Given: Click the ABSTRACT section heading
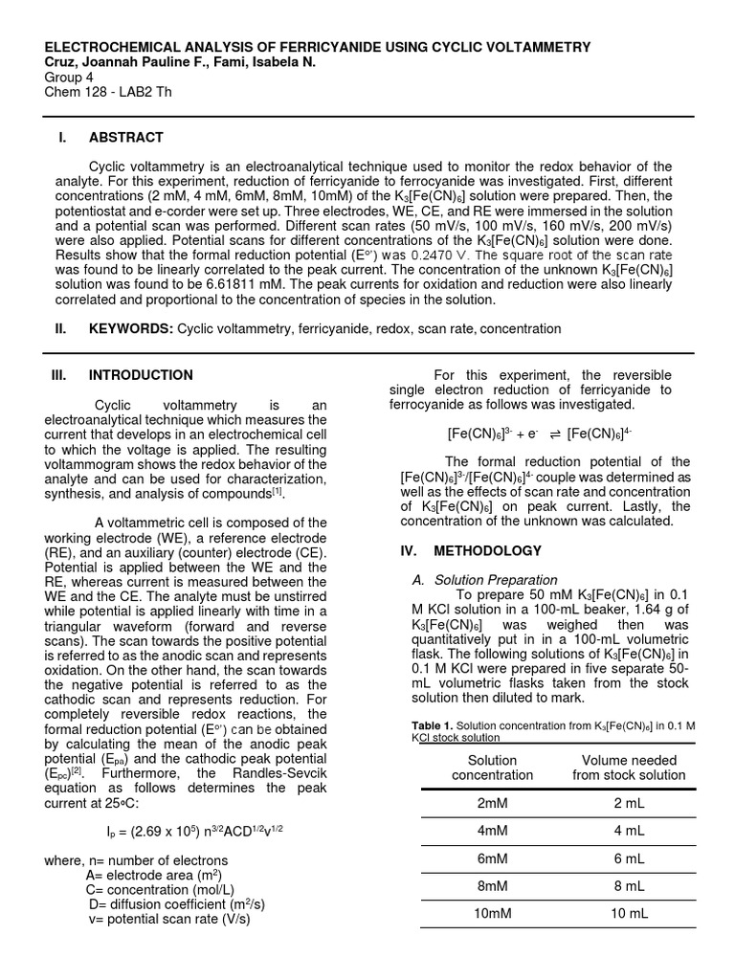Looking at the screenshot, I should point(125,138).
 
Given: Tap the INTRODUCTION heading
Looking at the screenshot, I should point(141,375).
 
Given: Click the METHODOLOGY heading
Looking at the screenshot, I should point(487,551).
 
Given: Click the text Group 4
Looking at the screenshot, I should point(70,78).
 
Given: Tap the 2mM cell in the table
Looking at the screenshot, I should point(493,803).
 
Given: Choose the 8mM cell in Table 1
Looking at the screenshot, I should point(493,886).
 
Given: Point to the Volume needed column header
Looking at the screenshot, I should point(629,768).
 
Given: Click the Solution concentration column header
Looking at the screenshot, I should point(493,768).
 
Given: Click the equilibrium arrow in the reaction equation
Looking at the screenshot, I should point(554,433).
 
